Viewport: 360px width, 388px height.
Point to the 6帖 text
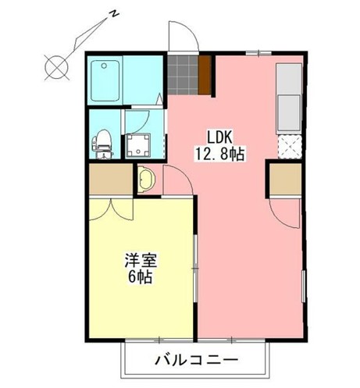click(139, 277)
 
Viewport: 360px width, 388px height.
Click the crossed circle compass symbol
click(56, 68)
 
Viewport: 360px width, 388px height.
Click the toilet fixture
click(101, 142)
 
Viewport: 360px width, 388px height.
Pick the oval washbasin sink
click(148, 180)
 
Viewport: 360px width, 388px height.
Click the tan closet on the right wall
click(283, 181)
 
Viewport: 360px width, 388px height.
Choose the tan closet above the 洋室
click(110, 180)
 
